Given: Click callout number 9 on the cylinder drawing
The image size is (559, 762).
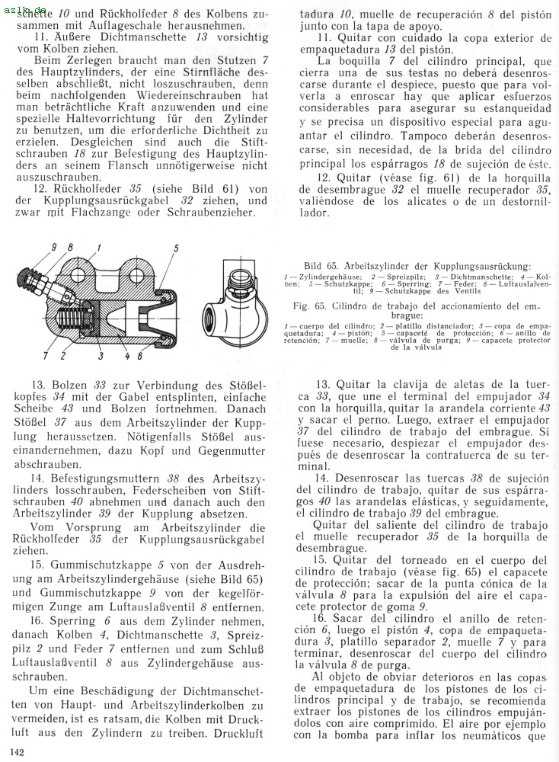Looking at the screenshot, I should pos(54,247).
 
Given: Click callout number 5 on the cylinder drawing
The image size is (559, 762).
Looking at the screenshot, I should pos(176,248).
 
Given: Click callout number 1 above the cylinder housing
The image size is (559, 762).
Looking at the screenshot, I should pos(98,247).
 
